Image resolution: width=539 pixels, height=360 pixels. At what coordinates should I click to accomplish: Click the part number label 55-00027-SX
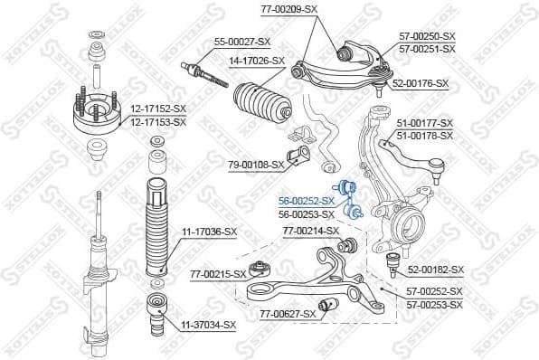[x=241, y=42]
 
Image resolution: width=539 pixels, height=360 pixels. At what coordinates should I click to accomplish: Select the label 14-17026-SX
[x=256, y=61]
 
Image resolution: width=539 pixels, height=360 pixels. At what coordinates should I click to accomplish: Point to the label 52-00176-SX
[x=421, y=83]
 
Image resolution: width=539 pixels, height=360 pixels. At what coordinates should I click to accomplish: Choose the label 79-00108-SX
[x=256, y=165]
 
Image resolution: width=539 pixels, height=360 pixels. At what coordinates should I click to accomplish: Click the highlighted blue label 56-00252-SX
[x=306, y=201]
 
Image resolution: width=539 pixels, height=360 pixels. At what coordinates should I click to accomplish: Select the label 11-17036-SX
[x=209, y=232]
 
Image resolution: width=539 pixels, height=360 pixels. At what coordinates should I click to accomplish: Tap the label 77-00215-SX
[x=218, y=273]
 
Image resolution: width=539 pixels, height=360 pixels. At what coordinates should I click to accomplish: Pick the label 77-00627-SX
[x=288, y=314]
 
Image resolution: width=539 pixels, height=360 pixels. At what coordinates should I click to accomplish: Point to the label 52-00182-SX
[x=435, y=270]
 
